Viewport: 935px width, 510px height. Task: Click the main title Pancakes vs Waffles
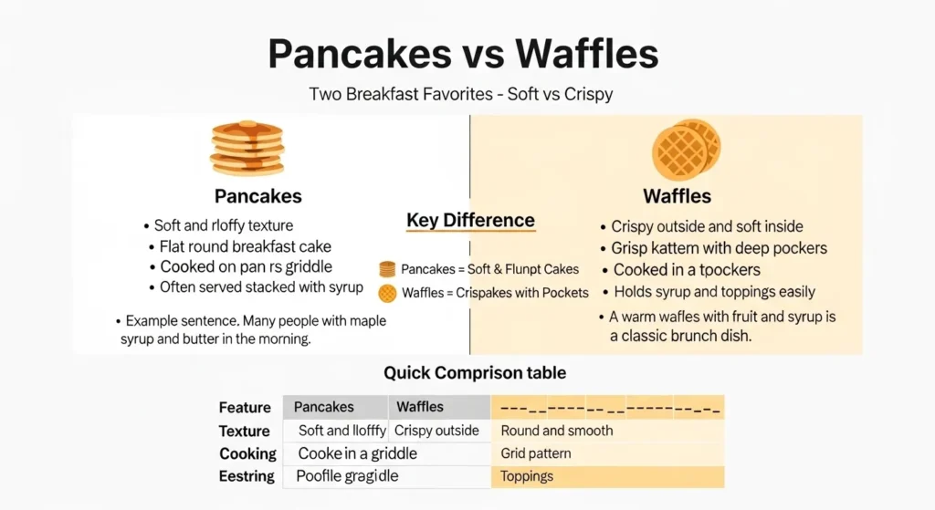tap(463, 55)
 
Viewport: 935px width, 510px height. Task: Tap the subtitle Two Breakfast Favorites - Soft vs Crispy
tap(460, 94)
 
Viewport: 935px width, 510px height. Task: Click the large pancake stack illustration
tap(247, 149)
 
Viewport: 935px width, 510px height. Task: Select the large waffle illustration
tap(685, 149)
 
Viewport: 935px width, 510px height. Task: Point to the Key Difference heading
tap(470, 221)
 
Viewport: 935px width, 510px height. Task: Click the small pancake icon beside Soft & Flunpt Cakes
tap(387, 269)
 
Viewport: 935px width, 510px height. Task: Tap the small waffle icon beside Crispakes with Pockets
tap(387, 293)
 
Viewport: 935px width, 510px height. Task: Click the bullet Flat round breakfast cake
tap(245, 246)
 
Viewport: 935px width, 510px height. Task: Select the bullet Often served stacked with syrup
tap(261, 287)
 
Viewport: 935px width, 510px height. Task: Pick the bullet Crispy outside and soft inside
tap(707, 226)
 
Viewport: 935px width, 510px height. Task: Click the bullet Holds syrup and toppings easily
tap(714, 292)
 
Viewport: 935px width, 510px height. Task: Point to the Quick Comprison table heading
tap(474, 372)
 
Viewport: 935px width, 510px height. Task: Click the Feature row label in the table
tap(245, 408)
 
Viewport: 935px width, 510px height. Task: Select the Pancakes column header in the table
tap(324, 407)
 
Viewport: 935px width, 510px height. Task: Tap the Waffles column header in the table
tap(420, 407)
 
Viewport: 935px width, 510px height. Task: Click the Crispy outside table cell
tap(436, 431)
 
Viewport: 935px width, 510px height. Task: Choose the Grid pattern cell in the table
tap(536, 453)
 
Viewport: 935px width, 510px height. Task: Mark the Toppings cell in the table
tap(527, 476)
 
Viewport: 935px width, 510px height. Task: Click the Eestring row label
tap(247, 476)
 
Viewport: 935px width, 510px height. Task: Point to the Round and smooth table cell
tap(557, 431)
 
